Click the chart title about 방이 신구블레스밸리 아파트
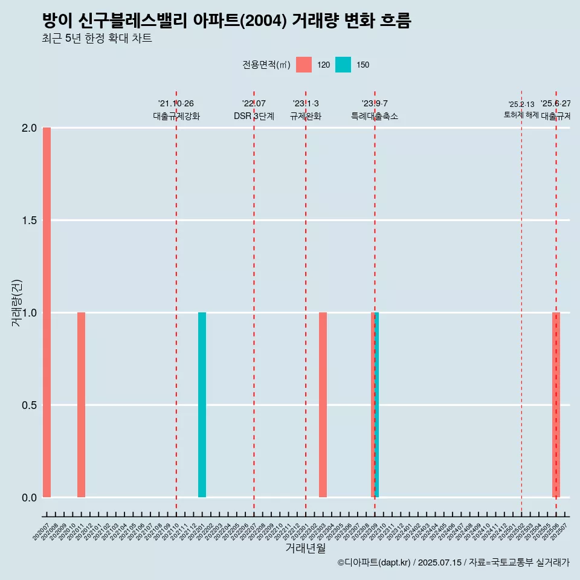pyautogui.click(x=227, y=21)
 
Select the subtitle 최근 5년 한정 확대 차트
pyautogui.click(x=97, y=39)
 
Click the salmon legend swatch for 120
pyautogui.click(x=304, y=65)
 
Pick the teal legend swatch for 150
pyautogui.click(x=343, y=65)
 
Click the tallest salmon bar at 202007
pyautogui.click(x=47, y=312)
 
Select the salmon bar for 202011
pyautogui.click(x=81, y=405)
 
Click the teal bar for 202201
pyautogui.click(x=202, y=405)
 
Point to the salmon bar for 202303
pyautogui.click(x=323, y=405)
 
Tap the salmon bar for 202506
pyautogui.click(x=556, y=405)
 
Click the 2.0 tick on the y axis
pyautogui.click(x=30, y=128)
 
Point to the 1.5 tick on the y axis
pyautogui.click(x=30, y=221)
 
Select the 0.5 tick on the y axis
pyautogui.click(x=30, y=405)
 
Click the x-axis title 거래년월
pyautogui.click(x=305, y=549)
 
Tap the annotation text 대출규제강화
pyautogui.click(x=176, y=116)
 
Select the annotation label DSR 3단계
pyautogui.click(x=254, y=116)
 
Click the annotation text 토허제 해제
pyautogui.click(x=521, y=115)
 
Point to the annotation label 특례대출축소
pyautogui.click(x=375, y=116)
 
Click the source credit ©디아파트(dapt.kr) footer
pyautogui.click(x=453, y=562)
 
